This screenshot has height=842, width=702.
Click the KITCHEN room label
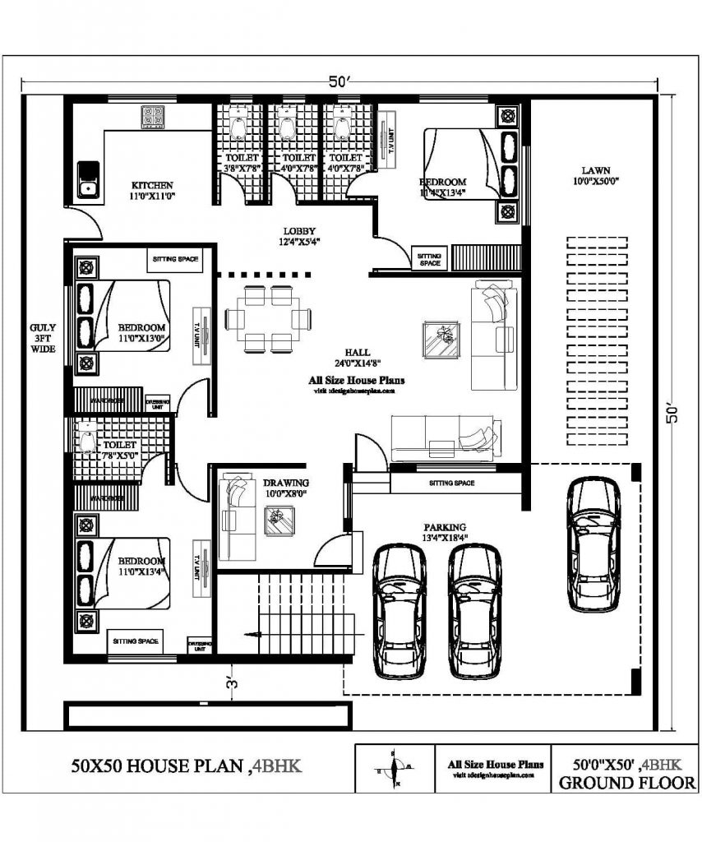coord(152,186)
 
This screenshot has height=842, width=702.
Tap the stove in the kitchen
coord(153,117)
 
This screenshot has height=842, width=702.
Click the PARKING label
coord(445,527)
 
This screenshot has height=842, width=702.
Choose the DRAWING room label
coord(285,483)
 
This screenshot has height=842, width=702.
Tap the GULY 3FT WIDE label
coord(43,337)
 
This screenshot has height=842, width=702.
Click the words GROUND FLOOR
coord(626,783)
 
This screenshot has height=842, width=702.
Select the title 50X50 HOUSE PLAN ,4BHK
coord(186,766)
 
